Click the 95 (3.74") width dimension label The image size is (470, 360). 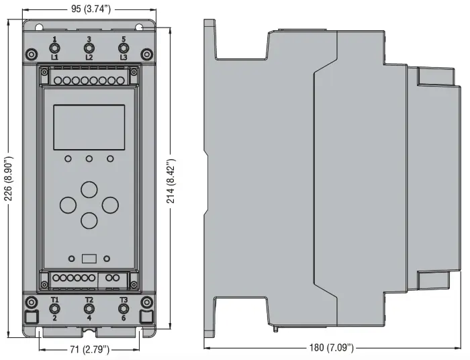tap(91, 9)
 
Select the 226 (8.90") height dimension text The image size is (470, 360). tap(9, 179)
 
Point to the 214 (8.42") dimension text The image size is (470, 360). tap(171, 181)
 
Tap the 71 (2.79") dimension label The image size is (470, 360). tap(89, 349)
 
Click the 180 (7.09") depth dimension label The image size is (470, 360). tap(332, 347)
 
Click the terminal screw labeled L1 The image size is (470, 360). tap(54, 48)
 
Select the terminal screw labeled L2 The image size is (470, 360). tap(89, 48)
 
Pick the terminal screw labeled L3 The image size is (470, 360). tap(124, 48)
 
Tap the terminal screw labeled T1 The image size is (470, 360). tap(54, 309)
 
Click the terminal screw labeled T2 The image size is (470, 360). tap(89, 309)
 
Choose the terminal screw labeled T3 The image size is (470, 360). tap(124, 309)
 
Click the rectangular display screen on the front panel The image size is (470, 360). tap(89, 127)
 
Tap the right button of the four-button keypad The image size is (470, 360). tap(110, 205)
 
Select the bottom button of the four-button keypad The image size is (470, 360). tap(89, 220)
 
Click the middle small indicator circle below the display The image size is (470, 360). tap(89, 159)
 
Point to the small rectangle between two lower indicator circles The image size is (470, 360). tap(89, 259)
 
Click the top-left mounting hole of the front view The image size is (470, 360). tap(39, 28)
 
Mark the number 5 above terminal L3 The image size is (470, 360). tap(124, 39)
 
